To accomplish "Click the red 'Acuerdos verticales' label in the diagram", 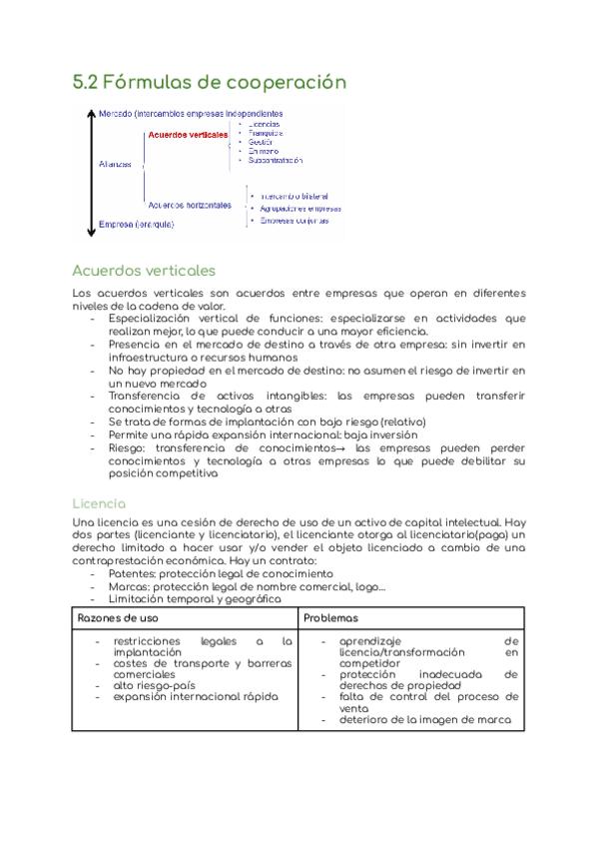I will pyautogui.click(x=187, y=134).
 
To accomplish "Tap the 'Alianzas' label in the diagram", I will pyautogui.click(x=116, y=164).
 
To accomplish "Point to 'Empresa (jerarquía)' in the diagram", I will pyautogui.click(x=137, y=225).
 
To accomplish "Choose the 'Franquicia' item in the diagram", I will pyautogui.click(x=266, y=133).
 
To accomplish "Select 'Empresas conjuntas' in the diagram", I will pyautogui.click(x=298, y=222).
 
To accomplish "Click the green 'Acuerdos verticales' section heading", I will pyautogui.click(x=144, y=271).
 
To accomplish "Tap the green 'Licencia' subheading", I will pyautogui.click(x=98, y=502).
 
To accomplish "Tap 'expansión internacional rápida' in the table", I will pyautogui.click(x=196, y=697).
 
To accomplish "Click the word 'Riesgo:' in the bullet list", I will pyautogui.click(x=130, y=448).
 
